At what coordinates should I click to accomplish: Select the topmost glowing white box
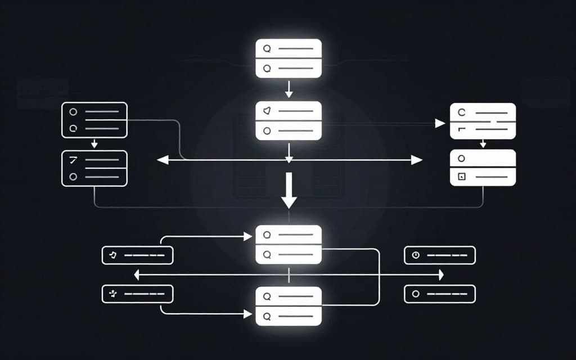coord(289,58)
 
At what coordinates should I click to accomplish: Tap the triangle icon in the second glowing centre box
coord(267,111)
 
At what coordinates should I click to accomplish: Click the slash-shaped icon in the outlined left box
coord(72,160)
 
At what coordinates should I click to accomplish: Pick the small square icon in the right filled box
coord(461,177)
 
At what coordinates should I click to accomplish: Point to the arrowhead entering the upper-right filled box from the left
coord(441,124)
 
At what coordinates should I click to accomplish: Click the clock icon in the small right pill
coord(416,255)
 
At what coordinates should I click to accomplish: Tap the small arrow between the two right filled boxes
coord(483,144)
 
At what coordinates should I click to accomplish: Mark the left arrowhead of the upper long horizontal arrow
coord(162,160)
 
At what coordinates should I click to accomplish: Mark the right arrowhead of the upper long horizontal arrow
coord(417,160)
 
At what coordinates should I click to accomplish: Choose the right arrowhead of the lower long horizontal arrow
coord(441,274)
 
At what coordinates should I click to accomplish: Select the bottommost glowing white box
coord(289,306)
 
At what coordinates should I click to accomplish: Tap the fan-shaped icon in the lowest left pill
coord(113,294)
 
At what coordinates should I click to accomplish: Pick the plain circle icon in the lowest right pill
coord(416,294)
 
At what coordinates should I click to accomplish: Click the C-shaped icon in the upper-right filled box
coord(462,112)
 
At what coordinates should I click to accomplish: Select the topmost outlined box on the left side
coord(94,119)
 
